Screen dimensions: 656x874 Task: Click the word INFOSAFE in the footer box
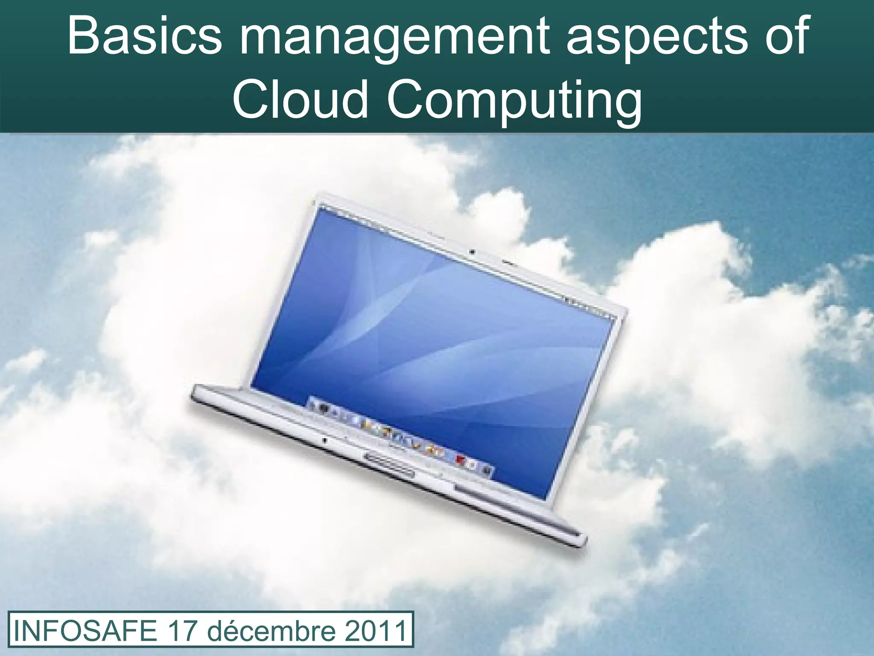pos(86,631)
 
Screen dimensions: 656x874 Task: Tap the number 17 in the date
pos(184,631)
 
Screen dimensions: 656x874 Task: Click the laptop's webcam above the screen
pos(472,252)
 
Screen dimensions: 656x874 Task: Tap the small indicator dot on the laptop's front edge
pos(325,440)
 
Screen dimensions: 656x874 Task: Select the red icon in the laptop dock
pos(460,460)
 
